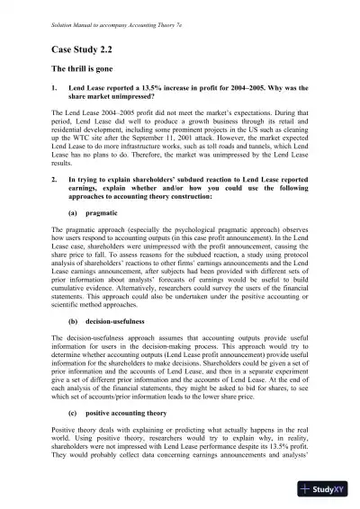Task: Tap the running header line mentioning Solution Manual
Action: tap(107, 15)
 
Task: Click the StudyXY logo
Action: tap(328, 489)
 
